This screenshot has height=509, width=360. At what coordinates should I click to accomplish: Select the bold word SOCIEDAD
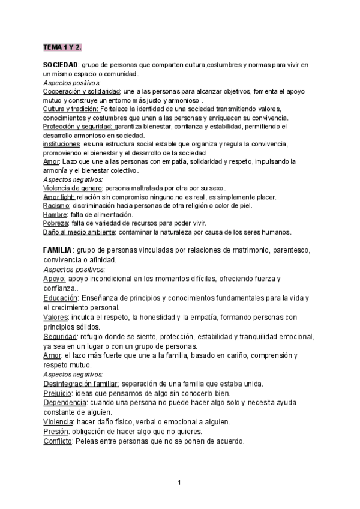61,64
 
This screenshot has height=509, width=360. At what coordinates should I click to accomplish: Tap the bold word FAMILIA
58,249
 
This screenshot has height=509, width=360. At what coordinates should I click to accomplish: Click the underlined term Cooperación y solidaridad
82,91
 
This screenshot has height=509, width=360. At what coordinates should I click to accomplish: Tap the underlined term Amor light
59,197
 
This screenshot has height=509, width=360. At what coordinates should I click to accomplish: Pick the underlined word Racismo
56,206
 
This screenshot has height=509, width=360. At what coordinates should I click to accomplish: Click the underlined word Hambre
55,215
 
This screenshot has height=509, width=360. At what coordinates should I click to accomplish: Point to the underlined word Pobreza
56,223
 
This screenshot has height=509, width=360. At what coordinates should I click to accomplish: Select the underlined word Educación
61,298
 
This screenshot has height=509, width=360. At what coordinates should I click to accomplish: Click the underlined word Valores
55,317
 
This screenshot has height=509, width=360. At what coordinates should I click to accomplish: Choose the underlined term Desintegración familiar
82,384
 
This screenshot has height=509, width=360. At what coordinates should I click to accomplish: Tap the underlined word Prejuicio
58,393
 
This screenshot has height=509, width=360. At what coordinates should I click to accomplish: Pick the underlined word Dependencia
65,403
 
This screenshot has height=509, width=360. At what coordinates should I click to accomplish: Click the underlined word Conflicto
58,441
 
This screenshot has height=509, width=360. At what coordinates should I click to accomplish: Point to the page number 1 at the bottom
179,483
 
